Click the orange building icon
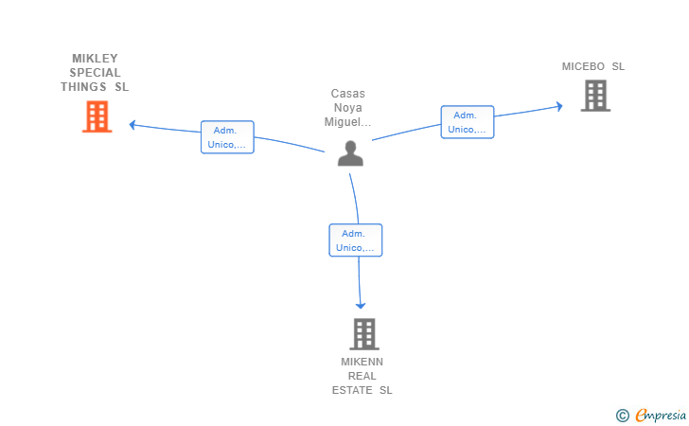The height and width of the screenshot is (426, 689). click(x=97, y=116)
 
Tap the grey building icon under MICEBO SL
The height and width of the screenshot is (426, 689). click(x=595, y=96)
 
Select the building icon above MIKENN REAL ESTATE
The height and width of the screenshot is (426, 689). click(x=364, y=334)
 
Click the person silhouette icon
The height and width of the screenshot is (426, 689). click(x=350, y=153)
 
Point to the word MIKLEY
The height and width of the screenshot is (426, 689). click(x=95, y=59)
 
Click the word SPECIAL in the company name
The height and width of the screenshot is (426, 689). click(x=95, y=73)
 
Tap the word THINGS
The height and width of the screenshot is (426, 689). click(x=83, y=87)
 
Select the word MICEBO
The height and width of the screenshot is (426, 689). click(x=583, y=66)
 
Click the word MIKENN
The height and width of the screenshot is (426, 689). click(x=362, y=362)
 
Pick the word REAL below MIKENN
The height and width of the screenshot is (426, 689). click(x=362, y=376)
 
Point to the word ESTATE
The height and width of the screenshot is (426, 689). click(x=352, y=390)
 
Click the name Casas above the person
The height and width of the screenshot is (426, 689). click(x=348, y=94)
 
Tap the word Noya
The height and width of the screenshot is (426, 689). click(x=348, y=108)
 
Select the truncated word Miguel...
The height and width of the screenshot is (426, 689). click(x=347, y=122)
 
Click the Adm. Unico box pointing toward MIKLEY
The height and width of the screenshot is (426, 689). click(x=227, y=137)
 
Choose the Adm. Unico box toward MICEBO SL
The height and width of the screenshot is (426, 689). click(x=468, y=122)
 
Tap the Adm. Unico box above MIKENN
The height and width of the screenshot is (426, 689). click(x=356, y=240)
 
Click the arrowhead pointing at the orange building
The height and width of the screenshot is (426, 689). click(x=132, y=125)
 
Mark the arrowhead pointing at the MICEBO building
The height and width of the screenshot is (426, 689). click(x=559, y=106)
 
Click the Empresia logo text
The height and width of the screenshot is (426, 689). click(x=661, y=415)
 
